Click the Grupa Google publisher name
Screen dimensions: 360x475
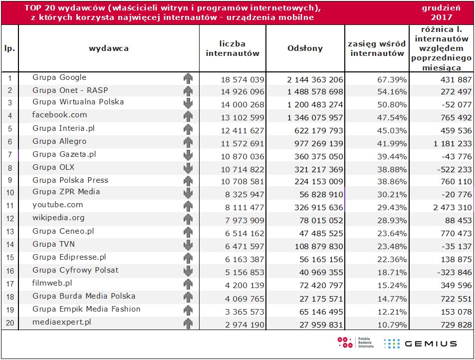point(59,77)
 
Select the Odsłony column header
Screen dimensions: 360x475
point(305,48)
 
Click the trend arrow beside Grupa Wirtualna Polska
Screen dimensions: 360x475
point(188,103)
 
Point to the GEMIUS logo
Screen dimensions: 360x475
point(420,343)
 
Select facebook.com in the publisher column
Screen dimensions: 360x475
point(59,115)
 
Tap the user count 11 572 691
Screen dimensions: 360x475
point(242,143)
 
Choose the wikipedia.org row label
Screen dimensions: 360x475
point(58,218)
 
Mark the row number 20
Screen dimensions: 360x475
point(9,323)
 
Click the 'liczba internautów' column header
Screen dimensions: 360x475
point(233,48)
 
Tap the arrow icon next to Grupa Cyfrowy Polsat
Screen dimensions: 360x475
point(188,272)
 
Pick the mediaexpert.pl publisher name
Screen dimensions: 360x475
point(62,322)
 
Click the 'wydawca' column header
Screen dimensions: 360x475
point(109,48)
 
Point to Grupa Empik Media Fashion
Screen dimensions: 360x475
point(86,309)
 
